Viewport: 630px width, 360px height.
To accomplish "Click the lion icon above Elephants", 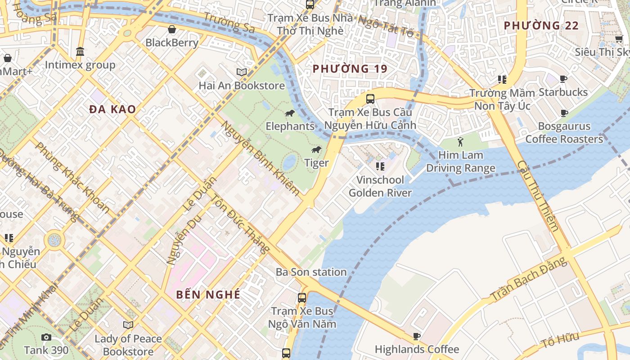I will (x=290, y=113).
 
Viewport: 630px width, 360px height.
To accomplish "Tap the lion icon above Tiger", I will (x=316, y=150).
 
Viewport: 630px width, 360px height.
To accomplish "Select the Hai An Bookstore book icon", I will (x=242, y=72).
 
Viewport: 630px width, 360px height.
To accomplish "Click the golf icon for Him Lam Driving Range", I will (x=460, y=142).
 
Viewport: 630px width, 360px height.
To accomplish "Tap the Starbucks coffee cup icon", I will (x=563, y=79).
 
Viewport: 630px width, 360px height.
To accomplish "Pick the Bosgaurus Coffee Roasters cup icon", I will (x=564, y=113).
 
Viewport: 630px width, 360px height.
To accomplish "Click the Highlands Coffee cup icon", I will (x=417, y=336).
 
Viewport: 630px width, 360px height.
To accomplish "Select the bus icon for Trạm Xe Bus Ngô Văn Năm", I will (x=301, y=297).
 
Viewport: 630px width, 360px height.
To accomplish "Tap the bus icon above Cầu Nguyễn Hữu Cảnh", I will (x=370, y=99).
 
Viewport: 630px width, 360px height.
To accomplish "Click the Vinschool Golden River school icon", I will (x=380, y=167).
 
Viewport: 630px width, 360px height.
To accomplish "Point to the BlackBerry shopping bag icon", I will (x=172, y=30).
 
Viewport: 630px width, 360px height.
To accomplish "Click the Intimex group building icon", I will (x=80, y=52).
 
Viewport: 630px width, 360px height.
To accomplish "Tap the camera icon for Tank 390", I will (x=46, y=337).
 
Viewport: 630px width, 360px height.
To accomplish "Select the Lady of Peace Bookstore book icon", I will (x=128, y=325).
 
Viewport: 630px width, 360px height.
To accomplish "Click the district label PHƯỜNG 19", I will (x=350, y=69).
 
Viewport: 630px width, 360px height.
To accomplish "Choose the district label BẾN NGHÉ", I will (x=208, y=295).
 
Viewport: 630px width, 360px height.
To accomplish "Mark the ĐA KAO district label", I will (x=112, y=109).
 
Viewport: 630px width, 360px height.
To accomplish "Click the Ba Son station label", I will (x=311, y=272).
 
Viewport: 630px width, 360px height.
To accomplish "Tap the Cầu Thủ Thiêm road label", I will (x=538, y=196).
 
